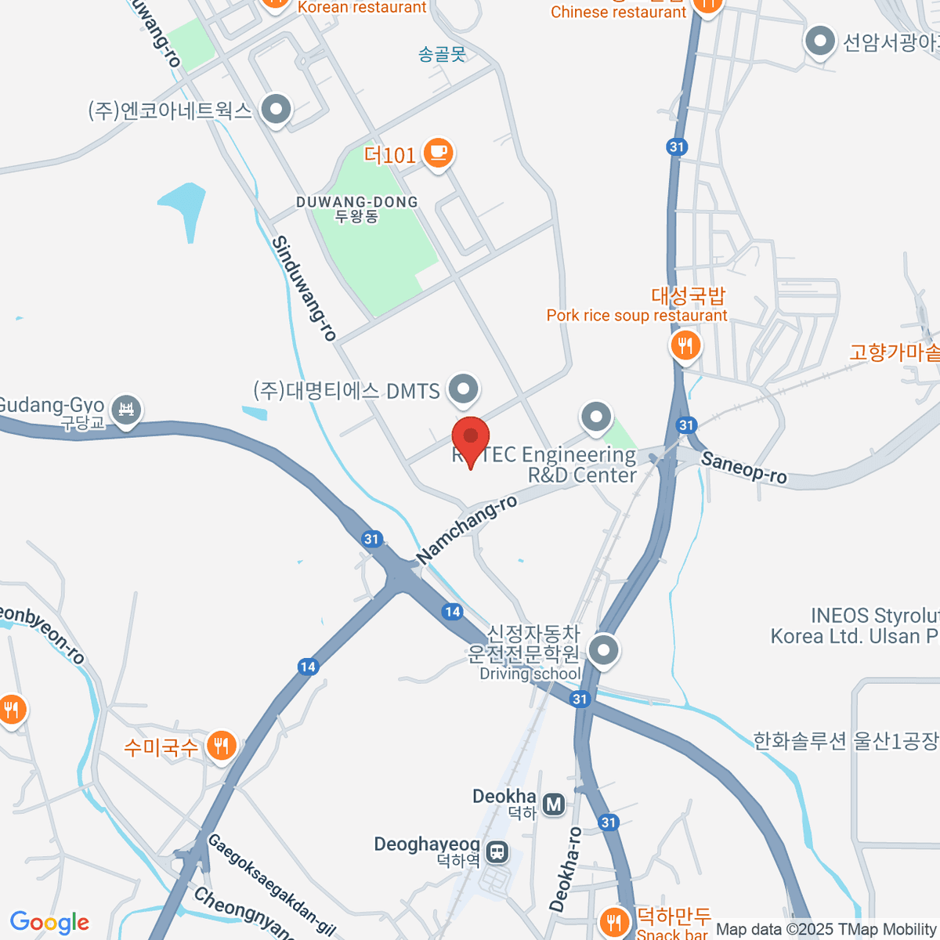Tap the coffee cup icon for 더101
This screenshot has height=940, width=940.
(x=439, y=153)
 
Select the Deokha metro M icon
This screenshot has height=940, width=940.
(x=554, y=804)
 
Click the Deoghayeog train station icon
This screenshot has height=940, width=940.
(x=497, y=851)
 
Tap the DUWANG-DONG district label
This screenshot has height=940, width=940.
(x=357, y=208)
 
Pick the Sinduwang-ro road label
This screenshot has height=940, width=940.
(x=304, y=288)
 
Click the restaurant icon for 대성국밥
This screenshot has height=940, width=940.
(x=685, y=345)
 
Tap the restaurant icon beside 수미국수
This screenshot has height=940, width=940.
(x=222, y=746)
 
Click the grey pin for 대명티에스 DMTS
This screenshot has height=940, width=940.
(x=463, y=389)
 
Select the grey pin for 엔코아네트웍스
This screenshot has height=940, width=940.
(x=276, y=110)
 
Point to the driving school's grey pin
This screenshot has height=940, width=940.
(x=603, y=650)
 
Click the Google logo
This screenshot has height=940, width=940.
(x=49, y=923)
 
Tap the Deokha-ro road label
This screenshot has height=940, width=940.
(x=566, y=869)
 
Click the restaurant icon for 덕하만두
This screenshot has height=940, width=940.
(x=614, y=921)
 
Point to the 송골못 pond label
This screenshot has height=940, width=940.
(x=442, y=54)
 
